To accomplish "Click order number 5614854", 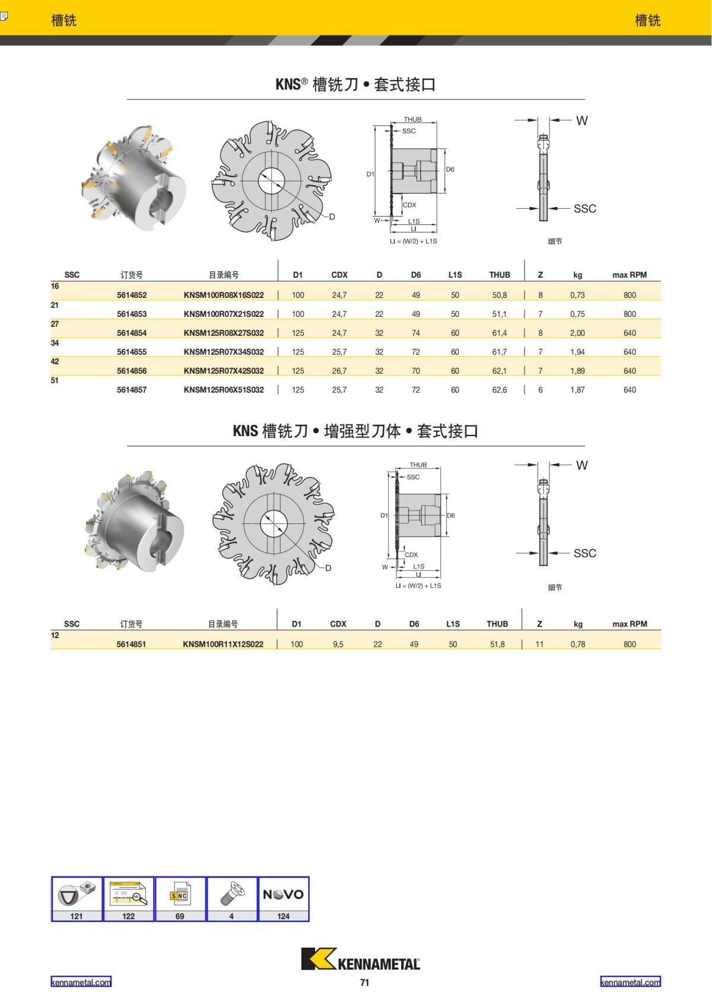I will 132,333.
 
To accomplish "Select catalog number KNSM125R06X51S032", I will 224,390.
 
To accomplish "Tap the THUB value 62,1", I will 499,371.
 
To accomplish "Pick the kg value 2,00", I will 577,333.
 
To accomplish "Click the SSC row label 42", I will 55,361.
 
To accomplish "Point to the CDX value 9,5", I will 338,644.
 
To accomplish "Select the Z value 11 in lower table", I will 539,644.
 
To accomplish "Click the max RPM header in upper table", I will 629,275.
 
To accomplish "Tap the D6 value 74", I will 416,333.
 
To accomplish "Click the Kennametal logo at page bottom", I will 360,959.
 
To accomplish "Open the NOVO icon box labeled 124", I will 284,898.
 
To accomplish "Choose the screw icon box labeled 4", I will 231,898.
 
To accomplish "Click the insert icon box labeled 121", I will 77,898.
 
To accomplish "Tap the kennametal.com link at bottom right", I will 630,982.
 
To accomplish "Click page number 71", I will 364,983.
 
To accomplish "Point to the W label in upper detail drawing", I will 581,120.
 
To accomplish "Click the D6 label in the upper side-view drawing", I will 450,170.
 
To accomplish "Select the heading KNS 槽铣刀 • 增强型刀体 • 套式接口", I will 355,431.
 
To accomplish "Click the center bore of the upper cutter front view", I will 272,180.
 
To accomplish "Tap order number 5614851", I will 131,644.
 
